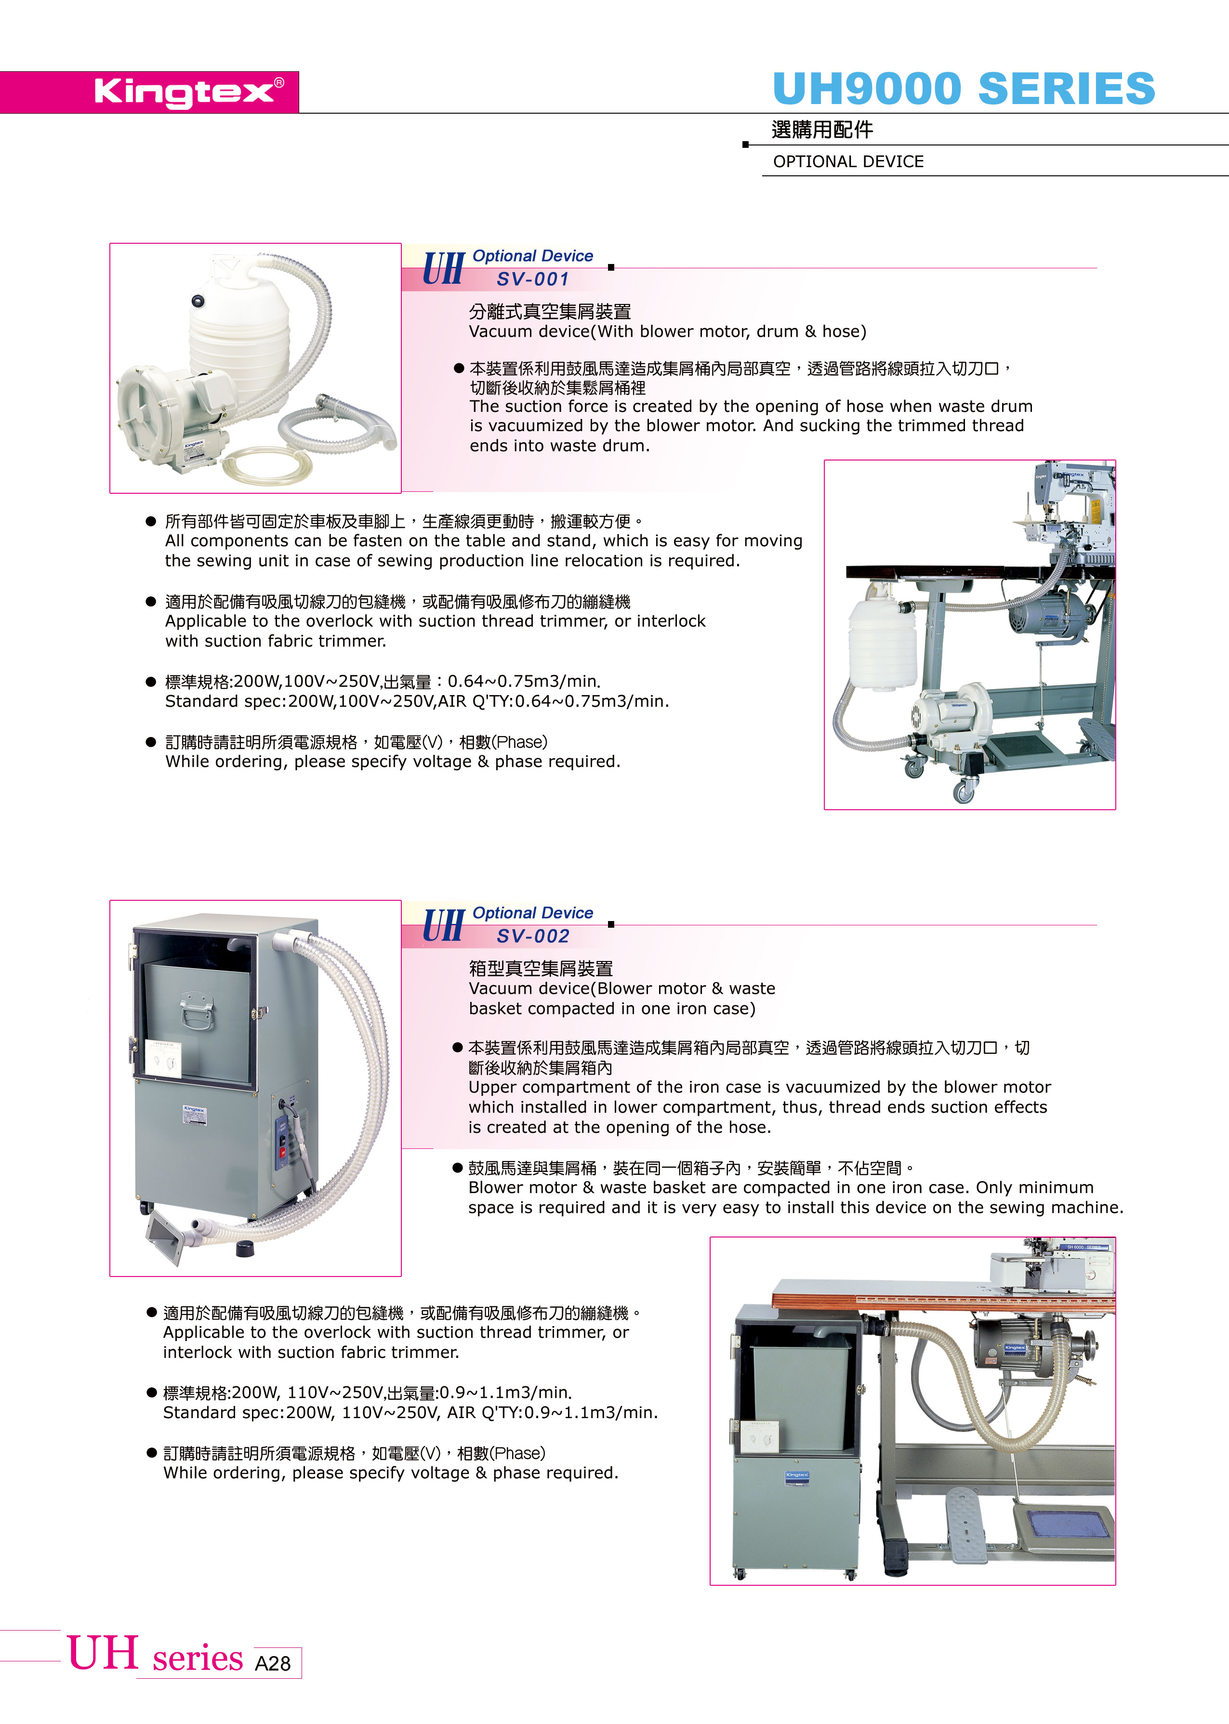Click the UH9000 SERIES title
(964, 89)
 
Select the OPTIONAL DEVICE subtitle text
(848, 161)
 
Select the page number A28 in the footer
(272, 1663)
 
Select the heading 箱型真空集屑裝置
(541, 968)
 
